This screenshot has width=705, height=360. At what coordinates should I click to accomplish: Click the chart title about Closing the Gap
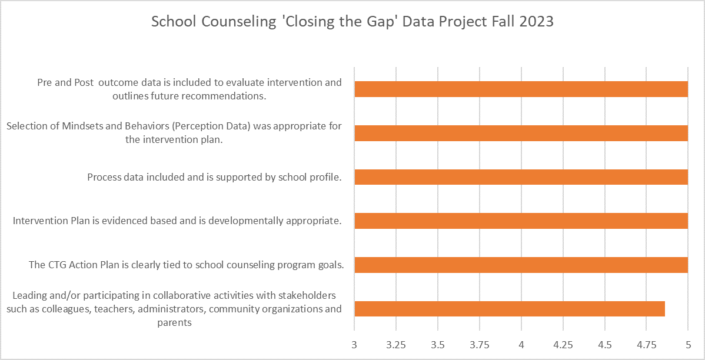pos(352,22)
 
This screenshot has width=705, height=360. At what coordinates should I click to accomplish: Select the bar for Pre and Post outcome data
pos(521,89)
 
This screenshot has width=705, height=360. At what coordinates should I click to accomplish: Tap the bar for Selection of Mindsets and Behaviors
pos(521,133)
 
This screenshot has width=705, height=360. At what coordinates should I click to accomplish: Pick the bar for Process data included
pos(521,177)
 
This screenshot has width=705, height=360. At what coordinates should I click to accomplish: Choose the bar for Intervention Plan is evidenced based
pos(521,221)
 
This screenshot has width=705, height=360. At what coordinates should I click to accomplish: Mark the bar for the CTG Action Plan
pos(521,265)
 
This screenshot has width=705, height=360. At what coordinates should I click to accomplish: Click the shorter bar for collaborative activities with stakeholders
pos(510,309)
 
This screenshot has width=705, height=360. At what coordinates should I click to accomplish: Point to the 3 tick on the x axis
pos(354,344)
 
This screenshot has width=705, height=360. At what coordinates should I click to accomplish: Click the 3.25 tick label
pos(396,344)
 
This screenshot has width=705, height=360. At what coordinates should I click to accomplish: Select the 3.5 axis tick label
pos(438,344)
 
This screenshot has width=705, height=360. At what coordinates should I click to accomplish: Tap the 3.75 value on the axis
pos(480,344)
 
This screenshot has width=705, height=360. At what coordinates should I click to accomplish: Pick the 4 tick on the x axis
pos(521,344)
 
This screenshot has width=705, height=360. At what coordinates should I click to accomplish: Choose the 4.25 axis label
pos(563,344)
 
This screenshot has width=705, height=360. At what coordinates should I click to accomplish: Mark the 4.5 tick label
pos(605,344)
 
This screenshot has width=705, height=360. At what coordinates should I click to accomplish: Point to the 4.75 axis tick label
pos(647,344)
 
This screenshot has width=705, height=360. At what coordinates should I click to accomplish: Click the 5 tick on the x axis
pos(688,344)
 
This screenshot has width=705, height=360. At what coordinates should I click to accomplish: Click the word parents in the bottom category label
pos(175,322)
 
